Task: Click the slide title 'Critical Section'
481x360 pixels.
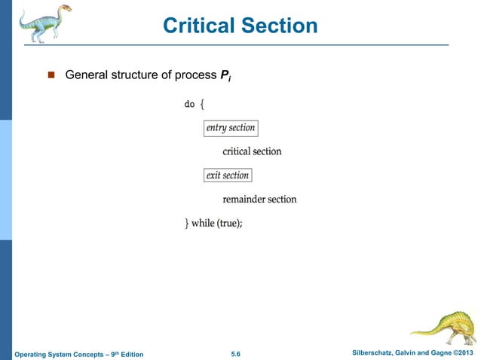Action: (240, 26)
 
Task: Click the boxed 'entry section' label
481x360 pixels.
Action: (231, 128)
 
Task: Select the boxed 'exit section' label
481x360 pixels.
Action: (227, 175)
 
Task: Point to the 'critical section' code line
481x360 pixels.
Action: (252, 151)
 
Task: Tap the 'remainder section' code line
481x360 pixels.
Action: (259, 200)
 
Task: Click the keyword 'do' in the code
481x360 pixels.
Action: (189, 104)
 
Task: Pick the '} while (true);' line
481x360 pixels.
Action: (214, 224)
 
